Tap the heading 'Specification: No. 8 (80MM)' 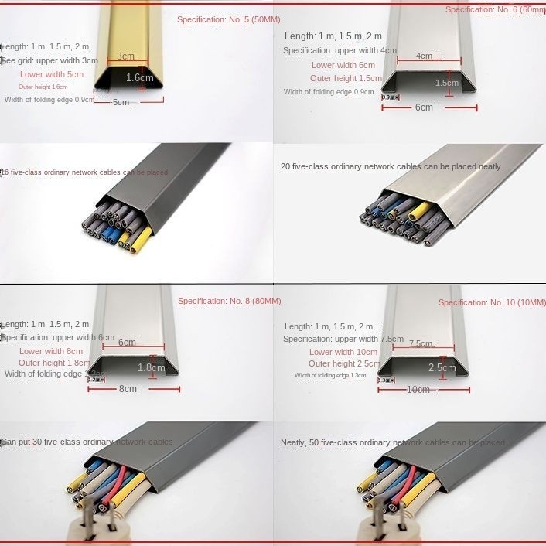230,301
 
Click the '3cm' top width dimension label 125,56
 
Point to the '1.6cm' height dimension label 140,77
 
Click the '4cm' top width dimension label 424,56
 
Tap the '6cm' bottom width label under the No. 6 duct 424,107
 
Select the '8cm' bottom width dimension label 128,389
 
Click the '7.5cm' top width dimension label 421,344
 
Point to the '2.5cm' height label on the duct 442,368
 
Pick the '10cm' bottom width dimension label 418,390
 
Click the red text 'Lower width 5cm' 52,74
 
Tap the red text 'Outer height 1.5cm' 346,78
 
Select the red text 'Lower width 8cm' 51,351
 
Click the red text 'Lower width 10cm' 343,352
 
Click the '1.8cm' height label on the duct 151,368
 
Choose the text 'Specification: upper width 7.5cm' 343,339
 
